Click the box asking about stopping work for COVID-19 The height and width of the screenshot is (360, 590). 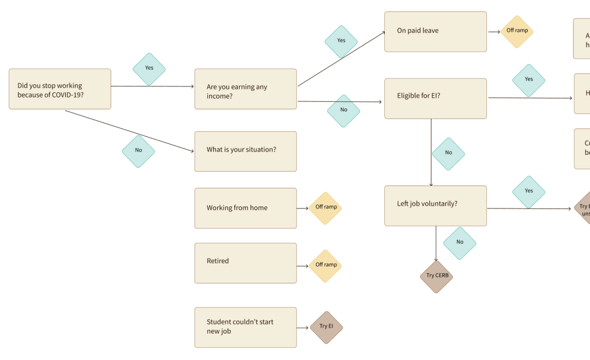tap(60, 89)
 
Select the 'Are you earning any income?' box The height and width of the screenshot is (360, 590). tap(245, 89)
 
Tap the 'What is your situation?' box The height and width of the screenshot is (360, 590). tap(245, 151)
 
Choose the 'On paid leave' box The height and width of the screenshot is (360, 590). tap(436, 32)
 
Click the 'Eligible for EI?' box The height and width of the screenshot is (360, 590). tap(436, 98)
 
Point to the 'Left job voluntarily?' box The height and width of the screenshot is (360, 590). tap(436, 206)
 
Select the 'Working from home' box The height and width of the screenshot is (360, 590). tap(245, 208)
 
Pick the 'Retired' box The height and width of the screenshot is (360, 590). tap(245, 263)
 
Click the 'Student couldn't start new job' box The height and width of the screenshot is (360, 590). tap(245, 327)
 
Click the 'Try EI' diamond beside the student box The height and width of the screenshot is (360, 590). tap(327, 327)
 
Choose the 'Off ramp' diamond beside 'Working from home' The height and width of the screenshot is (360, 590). tap(326, 208)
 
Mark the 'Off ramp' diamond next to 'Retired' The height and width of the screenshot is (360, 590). tap(326, 266)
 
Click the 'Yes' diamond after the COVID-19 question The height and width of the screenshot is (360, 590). tap(149, 69)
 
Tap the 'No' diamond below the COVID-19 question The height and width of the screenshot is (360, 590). tap(138, 151)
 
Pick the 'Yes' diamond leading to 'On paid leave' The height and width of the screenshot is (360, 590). tap(341, 41)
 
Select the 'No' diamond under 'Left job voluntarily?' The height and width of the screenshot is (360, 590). tap(460, 243)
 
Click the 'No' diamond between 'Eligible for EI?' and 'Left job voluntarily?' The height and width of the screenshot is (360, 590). tap(448, 154)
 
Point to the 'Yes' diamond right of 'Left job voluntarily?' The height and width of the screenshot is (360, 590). tap(528, 192)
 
